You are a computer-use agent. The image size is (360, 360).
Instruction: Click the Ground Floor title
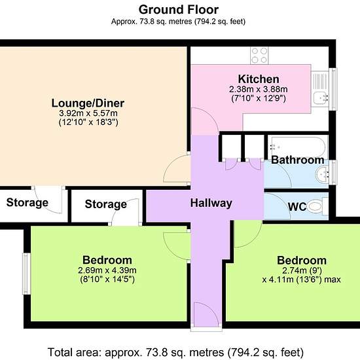[179, 10]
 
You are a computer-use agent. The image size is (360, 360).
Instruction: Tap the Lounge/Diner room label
[88, 103]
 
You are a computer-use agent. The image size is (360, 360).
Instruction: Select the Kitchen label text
[259, 79]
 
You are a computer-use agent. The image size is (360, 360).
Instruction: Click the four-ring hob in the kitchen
[259, 56]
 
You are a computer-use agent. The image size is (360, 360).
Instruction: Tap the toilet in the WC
[317, 206]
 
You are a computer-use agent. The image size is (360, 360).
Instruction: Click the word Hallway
[211, 203]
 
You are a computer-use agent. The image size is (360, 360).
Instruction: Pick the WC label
[297, 207]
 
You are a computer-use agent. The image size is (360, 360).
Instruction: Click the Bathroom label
[298, 160]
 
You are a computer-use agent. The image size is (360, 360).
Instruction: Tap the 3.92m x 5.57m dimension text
[88, 113]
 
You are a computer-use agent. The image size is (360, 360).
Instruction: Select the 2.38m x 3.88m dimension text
[259, 89]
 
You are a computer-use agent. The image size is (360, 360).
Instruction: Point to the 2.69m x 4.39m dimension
[107, 270]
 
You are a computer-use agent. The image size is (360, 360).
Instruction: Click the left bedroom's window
[26, 274]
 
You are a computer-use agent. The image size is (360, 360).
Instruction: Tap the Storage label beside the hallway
[105, 204]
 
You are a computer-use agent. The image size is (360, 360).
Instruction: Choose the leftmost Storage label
[27, 202]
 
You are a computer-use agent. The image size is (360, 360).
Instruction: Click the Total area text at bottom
[175, 352]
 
